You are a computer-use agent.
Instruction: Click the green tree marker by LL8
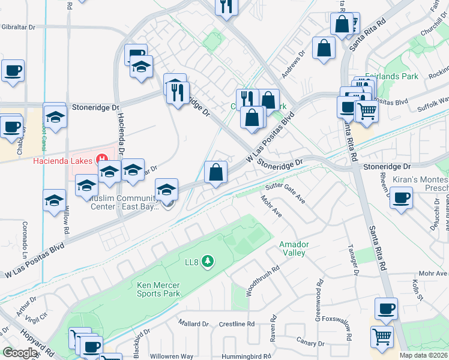click(208, 261)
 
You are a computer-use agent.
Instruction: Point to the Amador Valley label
click(292, 248)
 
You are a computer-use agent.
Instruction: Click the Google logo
click(20, 353)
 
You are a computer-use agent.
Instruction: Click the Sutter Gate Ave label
click(286, 193)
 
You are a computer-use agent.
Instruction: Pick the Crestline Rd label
click(237, 324)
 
